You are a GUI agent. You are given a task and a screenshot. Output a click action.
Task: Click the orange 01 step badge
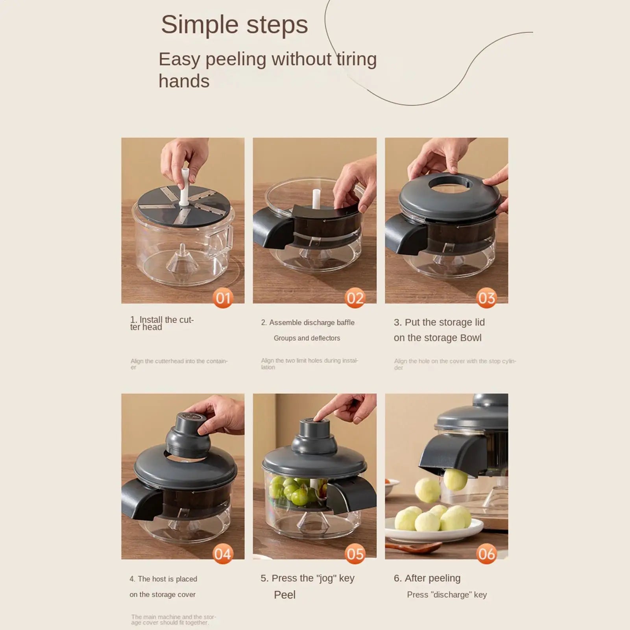coord(223,298)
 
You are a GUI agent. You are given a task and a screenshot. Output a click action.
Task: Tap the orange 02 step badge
coord(355,298)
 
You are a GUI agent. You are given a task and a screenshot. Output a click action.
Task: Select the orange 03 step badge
coord(487,298)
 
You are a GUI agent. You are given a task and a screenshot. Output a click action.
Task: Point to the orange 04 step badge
coord(223,554)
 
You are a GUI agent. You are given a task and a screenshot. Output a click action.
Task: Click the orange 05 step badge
coord(355,554)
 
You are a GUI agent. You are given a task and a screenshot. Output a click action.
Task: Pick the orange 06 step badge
coord(487,554)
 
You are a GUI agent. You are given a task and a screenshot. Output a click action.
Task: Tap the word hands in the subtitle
coord(184,81)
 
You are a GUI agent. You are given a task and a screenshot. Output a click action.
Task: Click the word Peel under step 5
coord(285,595)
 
